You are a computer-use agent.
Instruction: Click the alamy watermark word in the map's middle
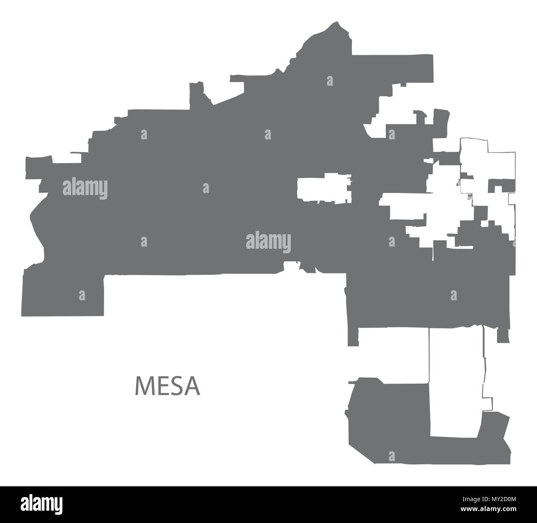pyautogui.click(x=268, y=242)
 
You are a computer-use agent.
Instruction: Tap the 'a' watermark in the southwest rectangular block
pyautogui.click(x=82, y=295)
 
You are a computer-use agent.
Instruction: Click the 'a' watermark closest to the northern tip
pyautogui.click(x=330, y=81)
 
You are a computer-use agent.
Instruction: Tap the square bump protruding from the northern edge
pyautogui.click(x=197, y=95)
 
